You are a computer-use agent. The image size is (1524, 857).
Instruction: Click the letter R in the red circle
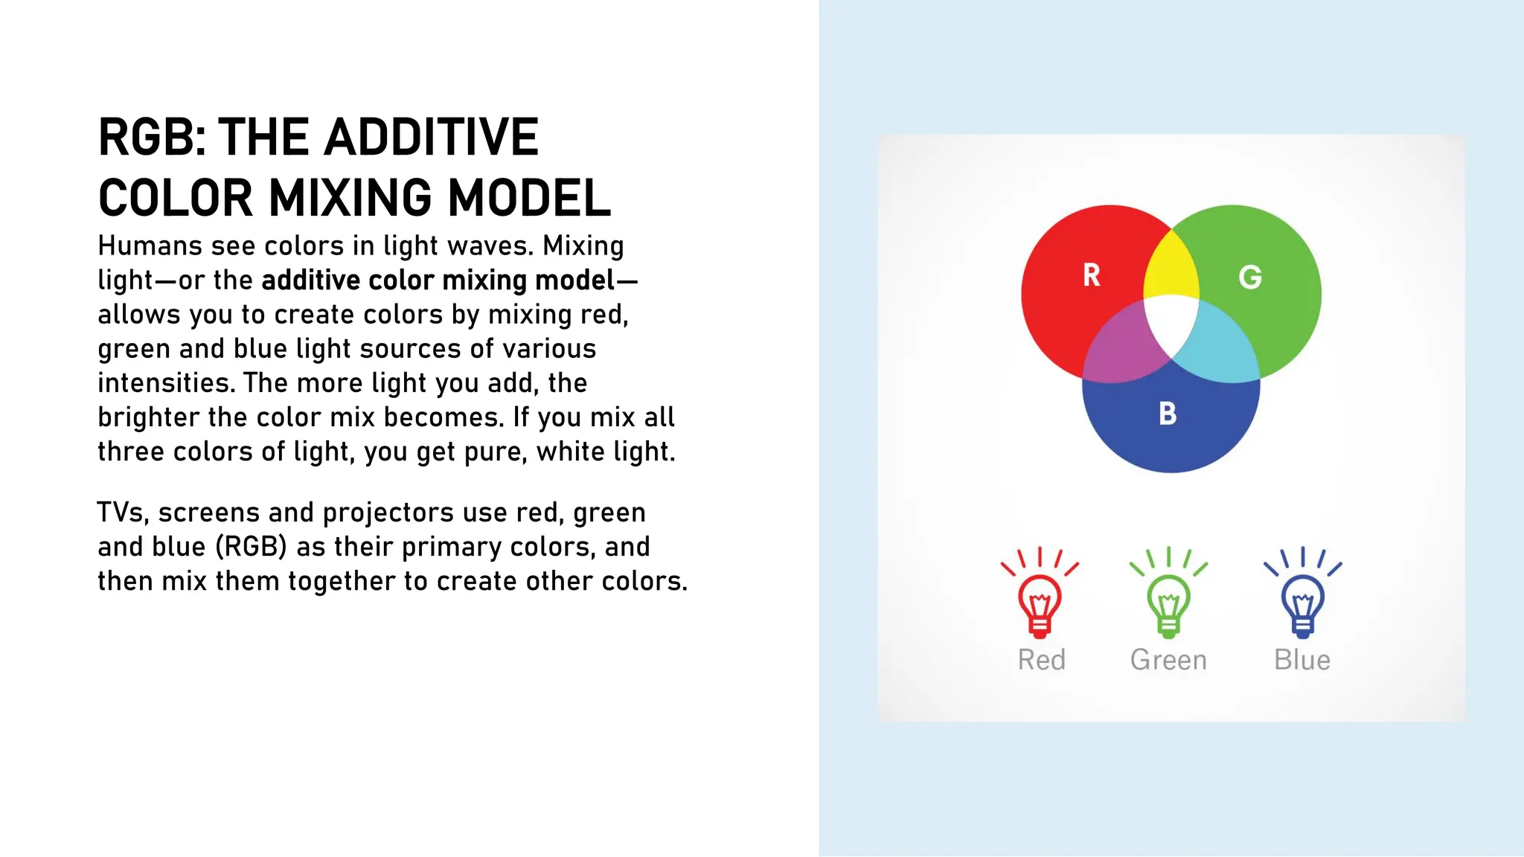(x=1091, y=275)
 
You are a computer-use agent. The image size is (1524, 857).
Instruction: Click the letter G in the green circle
(x=1250, y=277)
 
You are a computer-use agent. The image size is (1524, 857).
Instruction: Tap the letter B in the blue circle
(x=1168, y=414)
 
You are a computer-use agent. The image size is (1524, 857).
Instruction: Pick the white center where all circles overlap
(x=1171, y=324)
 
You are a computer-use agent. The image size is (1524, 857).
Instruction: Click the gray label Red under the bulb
(x=1041, y=660)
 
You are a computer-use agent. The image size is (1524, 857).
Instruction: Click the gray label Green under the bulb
(x=1168, y=660)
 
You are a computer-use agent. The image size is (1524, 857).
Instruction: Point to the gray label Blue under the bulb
(x=1302, y=660)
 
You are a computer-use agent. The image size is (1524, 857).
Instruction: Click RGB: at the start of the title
(x=153, y=138)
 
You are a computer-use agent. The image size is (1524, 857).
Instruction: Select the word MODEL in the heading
(x=529, y=199)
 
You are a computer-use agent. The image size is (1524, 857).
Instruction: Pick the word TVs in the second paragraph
(x=124, y=513)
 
